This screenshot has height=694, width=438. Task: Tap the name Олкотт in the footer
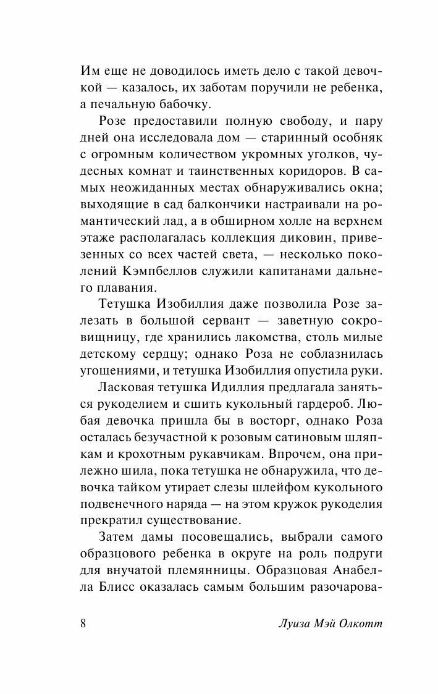[362, 622]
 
